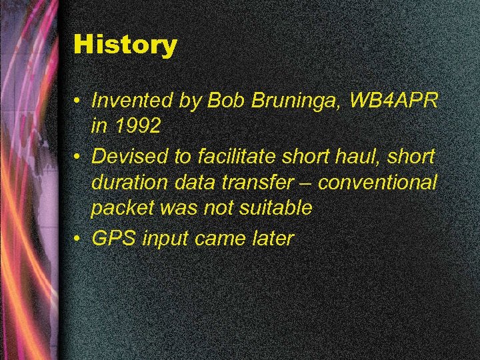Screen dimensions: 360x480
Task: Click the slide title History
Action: [125, 45]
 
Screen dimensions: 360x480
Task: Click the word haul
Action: [364, 157]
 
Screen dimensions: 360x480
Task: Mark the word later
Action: [271, 239]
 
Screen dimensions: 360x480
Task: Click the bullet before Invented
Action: [78, 101]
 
